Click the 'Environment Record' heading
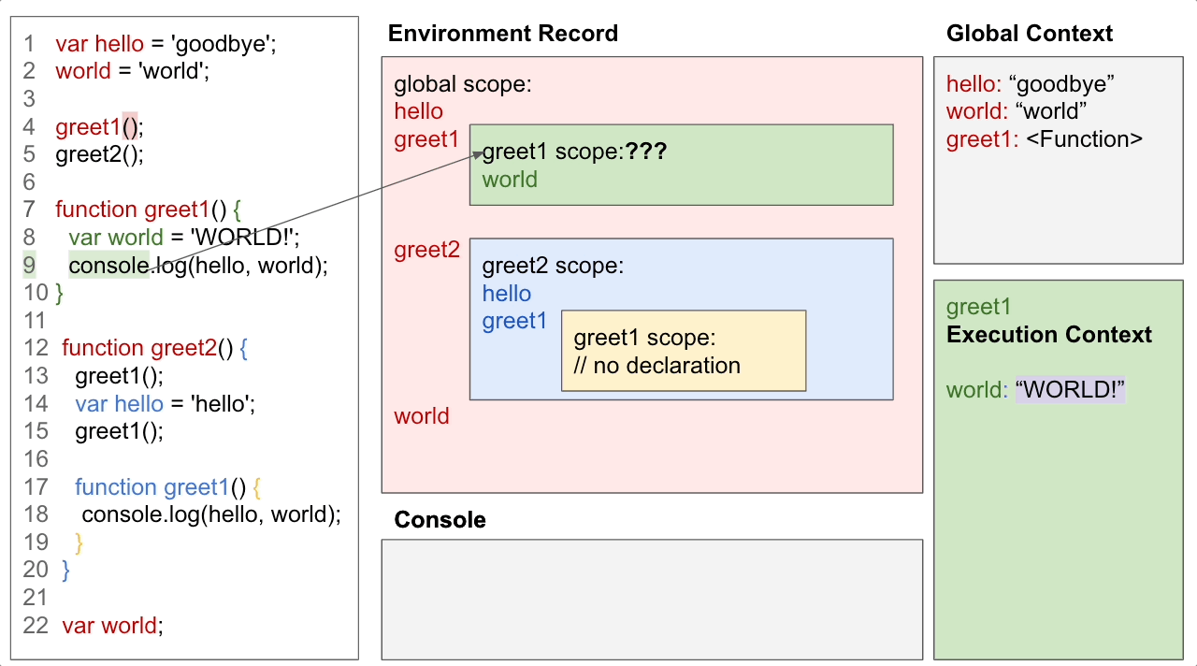(x=502, y=34)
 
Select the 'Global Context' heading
(x=1029, y=34)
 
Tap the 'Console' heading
(x=440, y=520)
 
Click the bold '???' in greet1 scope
(x=646, y=152)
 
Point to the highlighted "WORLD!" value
(x=1070, y=390)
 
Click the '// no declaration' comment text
(x=656, y=366)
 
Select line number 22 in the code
(x=36, y=626)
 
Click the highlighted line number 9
(x=30, y=266)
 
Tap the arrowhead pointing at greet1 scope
(x=476, y=156)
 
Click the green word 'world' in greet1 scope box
(x=510, y=180)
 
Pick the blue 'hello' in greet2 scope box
(x=507, y=294)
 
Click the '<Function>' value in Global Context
(x=1090, y=139)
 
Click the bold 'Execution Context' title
(x=1048, y=335)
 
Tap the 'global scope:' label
(x=462, y=84)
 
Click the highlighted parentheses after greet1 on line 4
(x=130, y=127)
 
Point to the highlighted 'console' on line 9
(x=108, y=266)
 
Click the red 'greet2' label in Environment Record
(x=426, y=250)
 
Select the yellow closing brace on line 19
(x=79, y=543)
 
